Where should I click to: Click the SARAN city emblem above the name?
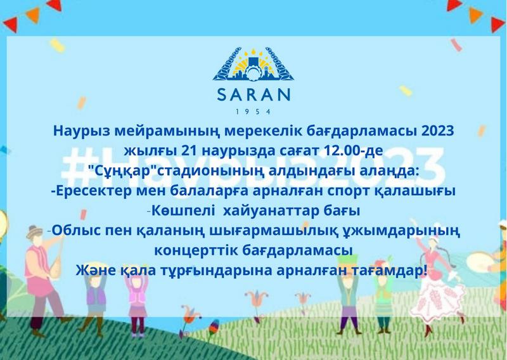253,65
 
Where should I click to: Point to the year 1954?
253,112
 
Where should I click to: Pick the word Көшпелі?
183,211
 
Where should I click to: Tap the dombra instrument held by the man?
55,259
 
